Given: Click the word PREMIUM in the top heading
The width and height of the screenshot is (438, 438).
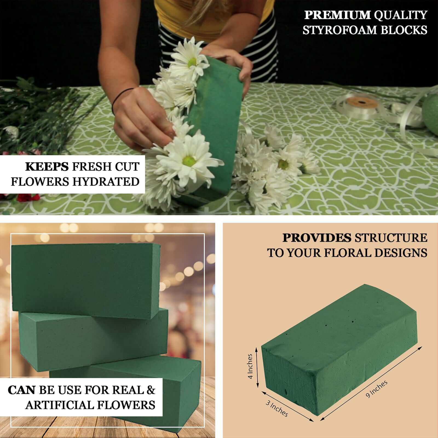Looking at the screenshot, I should [338, 15].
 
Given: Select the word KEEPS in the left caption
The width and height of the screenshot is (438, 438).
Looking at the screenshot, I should [47, 167].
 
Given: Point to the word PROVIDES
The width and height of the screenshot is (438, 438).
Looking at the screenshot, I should [317, 238].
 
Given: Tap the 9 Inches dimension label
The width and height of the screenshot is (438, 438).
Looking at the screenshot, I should [377, 389].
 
